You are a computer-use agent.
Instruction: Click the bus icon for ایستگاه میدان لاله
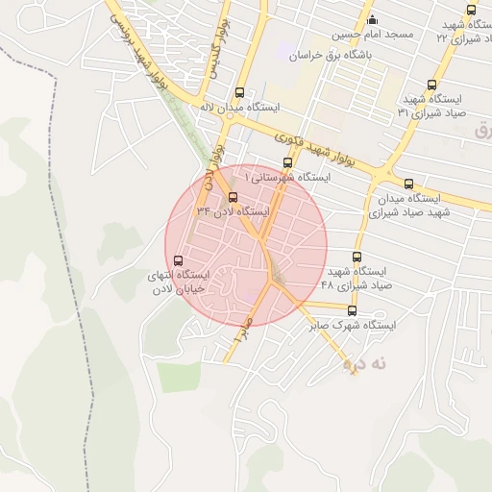coord(239,93)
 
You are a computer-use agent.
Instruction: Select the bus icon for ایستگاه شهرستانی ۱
coord(286,162)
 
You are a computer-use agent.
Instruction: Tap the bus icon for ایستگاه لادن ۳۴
coord(233,197)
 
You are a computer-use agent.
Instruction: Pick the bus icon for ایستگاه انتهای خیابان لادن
coord(177,260)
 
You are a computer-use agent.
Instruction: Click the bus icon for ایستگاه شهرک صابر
coord(352,310)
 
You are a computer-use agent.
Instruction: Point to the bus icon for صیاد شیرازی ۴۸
coord(357,257)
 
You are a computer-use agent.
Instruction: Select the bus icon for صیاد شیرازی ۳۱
coord(431,85)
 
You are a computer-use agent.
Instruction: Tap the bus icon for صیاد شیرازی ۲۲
coord(471,10)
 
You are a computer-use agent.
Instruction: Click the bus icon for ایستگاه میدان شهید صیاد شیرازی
coord(409,184)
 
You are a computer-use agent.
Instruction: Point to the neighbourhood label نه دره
coord(365,363)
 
